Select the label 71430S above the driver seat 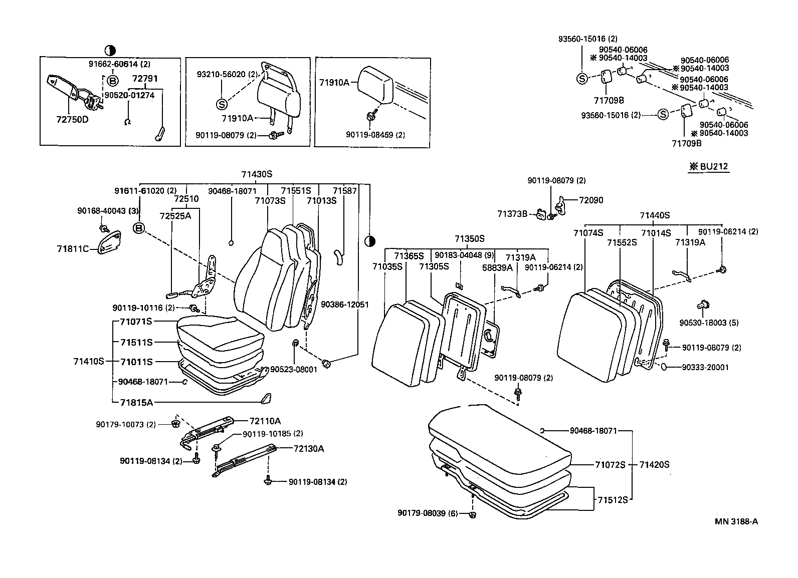tap(256, 174)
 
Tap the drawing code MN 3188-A tap(736, 521)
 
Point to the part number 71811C tap(73, 248)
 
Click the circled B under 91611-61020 tap(139, 229)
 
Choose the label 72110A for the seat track tap(265, 421)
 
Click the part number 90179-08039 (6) tap(428, 513)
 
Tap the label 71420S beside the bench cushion tap(654, 464)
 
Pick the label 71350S tap(470, 238)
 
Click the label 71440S tap(655, 215)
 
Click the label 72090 tap(591, 200)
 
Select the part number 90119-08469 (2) tap(375, 135)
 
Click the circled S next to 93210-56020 tap(222, 104)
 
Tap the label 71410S tap(89, 361)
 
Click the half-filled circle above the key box tap(110, 50)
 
